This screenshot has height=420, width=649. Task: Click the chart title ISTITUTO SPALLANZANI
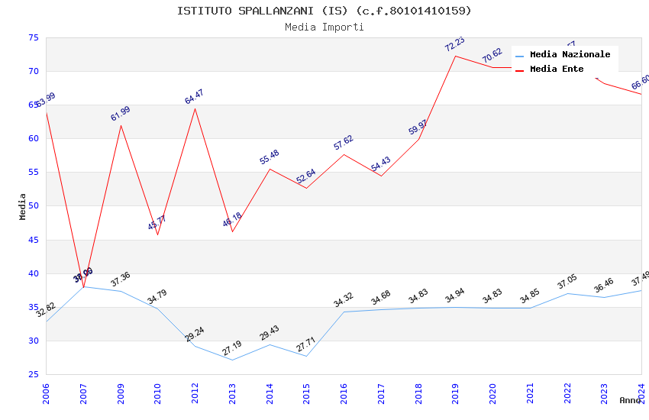[324, 11]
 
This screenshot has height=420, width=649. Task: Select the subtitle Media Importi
[324, 27]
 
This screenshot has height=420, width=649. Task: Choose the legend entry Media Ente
[557, 69]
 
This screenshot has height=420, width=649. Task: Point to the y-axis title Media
[22, 206]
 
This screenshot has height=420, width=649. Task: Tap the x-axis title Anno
[630, 400]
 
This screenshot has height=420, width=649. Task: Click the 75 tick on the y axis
[33, 37]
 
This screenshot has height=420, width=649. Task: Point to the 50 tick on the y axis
[33, 206]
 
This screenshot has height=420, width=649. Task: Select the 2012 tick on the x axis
[195, 389]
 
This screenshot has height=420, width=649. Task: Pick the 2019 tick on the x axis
[456, 389]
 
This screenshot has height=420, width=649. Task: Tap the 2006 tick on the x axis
[47, 389]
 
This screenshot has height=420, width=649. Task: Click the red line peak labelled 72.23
[456, 56]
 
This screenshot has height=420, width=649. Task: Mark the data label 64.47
[195, 97]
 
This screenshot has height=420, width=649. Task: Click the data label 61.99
[121, 114]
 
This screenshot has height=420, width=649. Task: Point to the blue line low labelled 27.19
[232, 360]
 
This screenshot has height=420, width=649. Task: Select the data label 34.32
[344, 300]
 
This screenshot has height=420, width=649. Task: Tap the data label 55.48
[270, 157]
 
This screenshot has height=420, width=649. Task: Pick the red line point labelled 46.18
[232, 231]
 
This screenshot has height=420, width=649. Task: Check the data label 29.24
[195, 334]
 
